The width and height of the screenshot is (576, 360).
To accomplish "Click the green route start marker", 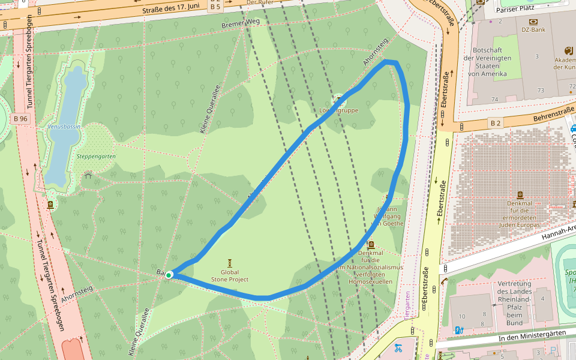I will [x=169, y=275].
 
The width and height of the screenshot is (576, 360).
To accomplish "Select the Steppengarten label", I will [x=96, y=157].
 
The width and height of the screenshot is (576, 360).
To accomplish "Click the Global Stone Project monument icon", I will [x=230, y=263].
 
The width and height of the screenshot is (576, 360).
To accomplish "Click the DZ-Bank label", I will [x=533, y=29].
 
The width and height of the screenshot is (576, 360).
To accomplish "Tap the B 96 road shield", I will [x=20, y=119].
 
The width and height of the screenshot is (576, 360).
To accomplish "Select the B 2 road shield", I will [x=496, y=123].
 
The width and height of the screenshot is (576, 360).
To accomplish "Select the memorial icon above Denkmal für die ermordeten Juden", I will [x=519, y=195].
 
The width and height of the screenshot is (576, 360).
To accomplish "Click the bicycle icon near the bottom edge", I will [x=397, y=347].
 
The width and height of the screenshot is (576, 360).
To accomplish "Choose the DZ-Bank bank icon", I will [x=533, y=21].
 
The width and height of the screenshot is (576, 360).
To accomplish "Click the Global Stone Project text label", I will [x=230, y=276].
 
